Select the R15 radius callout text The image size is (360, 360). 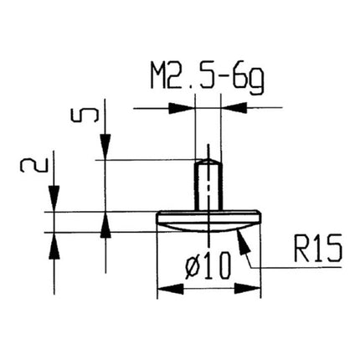pos(316,249)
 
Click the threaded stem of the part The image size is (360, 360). pos(207,183)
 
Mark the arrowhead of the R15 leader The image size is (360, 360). pos(241,239)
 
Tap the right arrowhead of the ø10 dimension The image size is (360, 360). pos(248,288)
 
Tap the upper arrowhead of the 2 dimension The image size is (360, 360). pos(54,202)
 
